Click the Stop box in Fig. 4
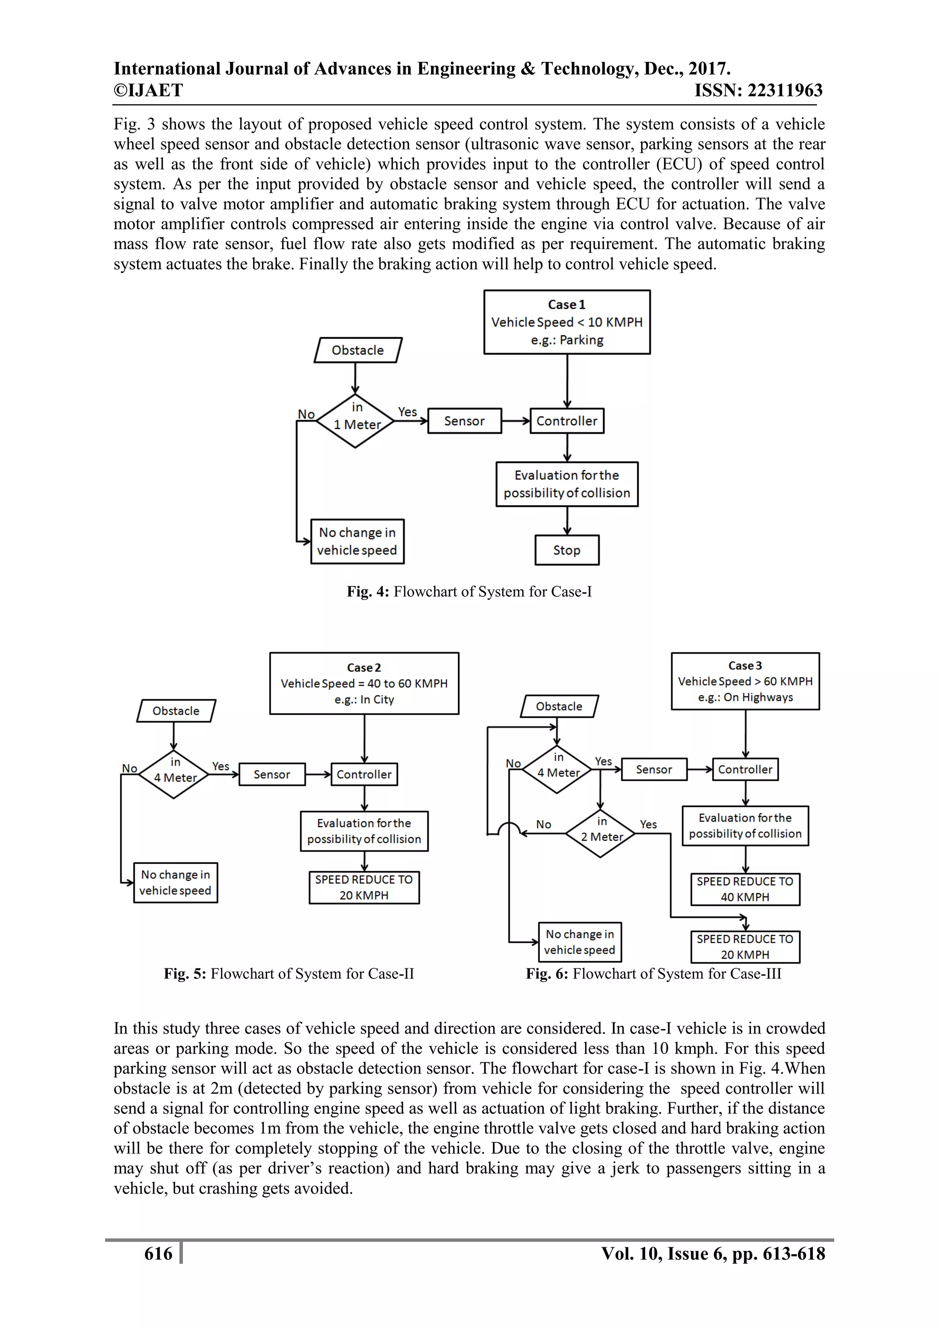click(567, 550)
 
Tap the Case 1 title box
click(567, 322)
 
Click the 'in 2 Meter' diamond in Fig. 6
click(601, 833)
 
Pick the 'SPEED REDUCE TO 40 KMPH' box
click(745, 889)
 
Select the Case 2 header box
click(364, 683)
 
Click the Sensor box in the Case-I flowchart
click(464, 421)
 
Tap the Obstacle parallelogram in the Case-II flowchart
click(176, 711)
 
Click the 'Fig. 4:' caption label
click(368, 592)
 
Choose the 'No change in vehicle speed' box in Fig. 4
click(357, 541)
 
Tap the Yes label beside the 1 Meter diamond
click(407, 412)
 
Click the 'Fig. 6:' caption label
click(547, 973)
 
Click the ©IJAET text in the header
click(148, 90)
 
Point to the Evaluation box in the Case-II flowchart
click(364, 831)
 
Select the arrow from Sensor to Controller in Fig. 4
click(516, 421)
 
